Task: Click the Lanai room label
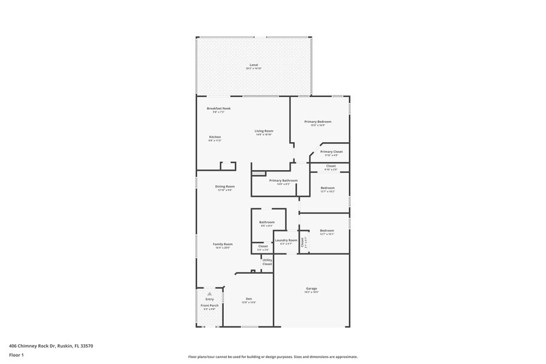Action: click(254, 65)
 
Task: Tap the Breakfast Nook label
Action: click(218, 109)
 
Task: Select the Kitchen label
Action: click(215, 137)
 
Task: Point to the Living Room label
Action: click(264, 131)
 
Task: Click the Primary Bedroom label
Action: click(317, 122)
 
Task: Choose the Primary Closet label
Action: click(331, 152)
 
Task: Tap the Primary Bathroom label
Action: click(283, 180)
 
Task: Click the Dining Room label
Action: click(225, 186)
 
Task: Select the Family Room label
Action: click(222, 244)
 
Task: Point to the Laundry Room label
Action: click(285, 240)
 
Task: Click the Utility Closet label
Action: click(267, 262)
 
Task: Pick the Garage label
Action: click(311, 289)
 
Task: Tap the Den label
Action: click(249, 299)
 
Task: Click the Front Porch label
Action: click(210, 306)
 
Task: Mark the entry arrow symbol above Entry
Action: click(210, 293)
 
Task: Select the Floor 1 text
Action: click(16, 354)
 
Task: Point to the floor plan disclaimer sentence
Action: click(272, 356)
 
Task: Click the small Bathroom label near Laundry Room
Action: click(267, 222)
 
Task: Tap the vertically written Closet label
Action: click(304, 241)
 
